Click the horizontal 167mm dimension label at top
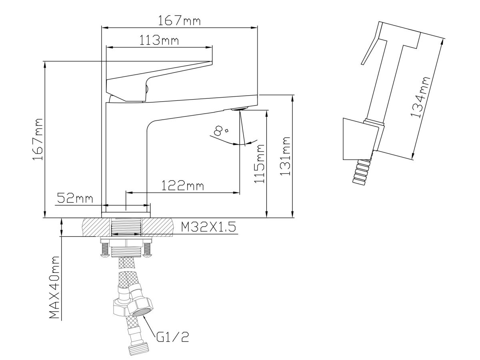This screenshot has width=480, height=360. (179, 20)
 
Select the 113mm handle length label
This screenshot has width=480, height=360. (159, 40)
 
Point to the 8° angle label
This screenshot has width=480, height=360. (221, 131)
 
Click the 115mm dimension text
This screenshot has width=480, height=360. (259, 163)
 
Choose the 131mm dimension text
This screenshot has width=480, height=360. (285, 156)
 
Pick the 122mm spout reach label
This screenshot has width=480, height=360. (182, 186)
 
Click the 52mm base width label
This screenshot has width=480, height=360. (75, 198)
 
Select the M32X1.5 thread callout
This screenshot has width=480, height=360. (208, 227)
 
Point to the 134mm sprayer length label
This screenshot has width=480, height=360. (420, 97)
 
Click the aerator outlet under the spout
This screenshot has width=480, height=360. (240, 108)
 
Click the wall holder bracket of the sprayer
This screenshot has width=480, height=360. (361, 139)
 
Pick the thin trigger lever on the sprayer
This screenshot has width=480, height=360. (371, 43)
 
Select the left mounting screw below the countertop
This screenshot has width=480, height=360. (104, 250)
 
